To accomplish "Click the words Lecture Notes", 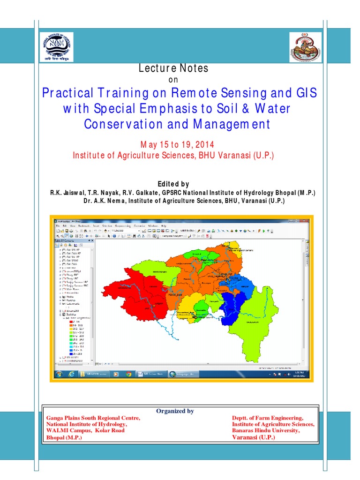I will pyautogui.click(x=173, y=68).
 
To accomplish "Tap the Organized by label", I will pyautogui.click(x=175, y=411).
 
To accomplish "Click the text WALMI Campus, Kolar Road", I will pyautogui.click(x=85, y=430).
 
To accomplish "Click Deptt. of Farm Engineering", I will pyautogui.click(x=268, y=418).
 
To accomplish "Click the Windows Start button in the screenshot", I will pyautogui.click(x=60, y=374).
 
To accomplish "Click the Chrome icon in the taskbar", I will pyautogui.click(x=128, y=374).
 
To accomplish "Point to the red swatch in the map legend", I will pyautogui.click(x=71, y=322).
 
